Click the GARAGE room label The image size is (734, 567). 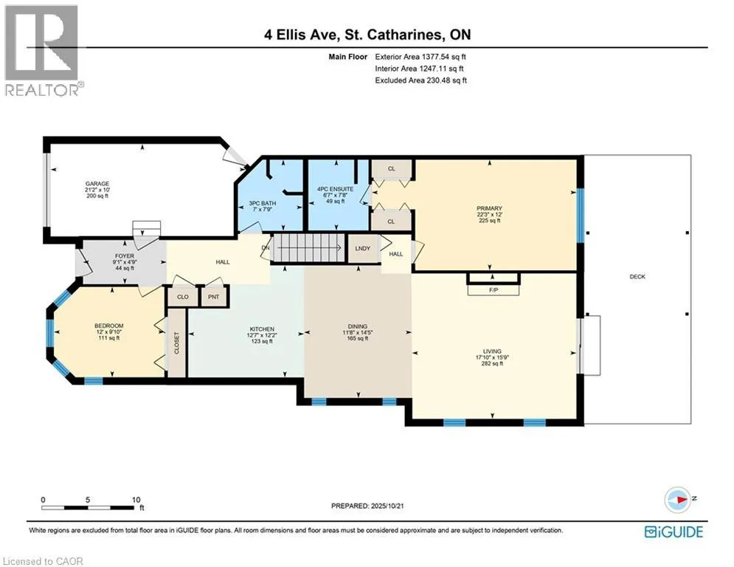point(97,184)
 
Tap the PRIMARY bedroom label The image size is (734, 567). point(489,208)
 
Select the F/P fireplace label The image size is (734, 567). point(494,290)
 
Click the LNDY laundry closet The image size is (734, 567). point(363,248)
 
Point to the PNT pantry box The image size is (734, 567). point(214,297)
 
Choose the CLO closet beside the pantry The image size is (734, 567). point(182,297)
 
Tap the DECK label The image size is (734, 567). point(637,276)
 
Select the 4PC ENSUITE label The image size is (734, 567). point(336,189)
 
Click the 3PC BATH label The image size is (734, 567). point(262,203)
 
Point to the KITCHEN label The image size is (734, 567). point(262,329)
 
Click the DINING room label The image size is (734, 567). point(358,326)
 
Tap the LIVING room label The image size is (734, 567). point(492,351)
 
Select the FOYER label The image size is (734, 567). point(125,256)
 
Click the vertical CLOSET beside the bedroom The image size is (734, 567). point(177,343)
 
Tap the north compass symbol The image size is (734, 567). point(678,500)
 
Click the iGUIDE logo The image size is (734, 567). point(674,532)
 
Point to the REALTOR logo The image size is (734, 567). point(42,51)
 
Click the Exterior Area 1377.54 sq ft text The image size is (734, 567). point(420,57)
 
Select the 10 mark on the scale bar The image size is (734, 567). point(136,500)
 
